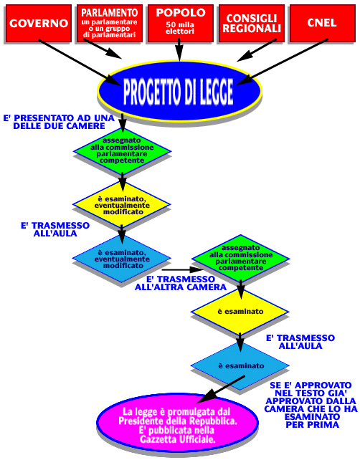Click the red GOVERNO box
39,23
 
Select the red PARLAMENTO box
109,23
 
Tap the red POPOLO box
180,23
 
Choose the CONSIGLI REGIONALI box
251,23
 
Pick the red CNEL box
323,23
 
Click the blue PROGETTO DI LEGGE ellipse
179,91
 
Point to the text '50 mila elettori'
180,28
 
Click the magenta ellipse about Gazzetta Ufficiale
178,423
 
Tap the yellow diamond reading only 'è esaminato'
240,312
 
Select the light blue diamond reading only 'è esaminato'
240,366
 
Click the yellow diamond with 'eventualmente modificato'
122,204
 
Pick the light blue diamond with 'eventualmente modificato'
122,259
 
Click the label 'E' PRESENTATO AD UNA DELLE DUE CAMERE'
59,122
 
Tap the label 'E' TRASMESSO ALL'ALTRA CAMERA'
181,283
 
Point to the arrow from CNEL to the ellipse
282,62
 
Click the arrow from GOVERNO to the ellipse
80,62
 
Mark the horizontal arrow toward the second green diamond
183,269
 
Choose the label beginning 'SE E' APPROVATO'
311,405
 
